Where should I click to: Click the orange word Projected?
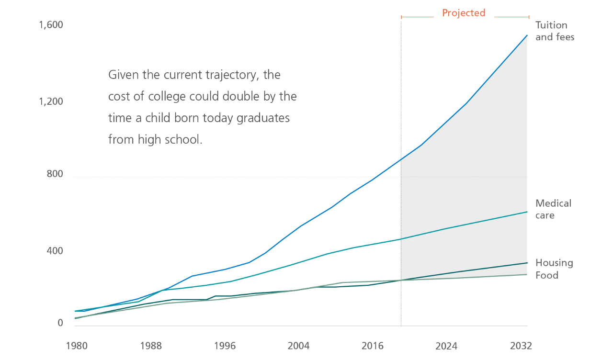463,13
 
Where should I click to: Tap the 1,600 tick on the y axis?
51,25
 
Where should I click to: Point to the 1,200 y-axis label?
51,101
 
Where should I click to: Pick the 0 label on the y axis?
60,324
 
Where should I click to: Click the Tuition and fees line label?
554,31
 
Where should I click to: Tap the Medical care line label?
553,209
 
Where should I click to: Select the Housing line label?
554,263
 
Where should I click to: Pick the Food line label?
546,275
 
